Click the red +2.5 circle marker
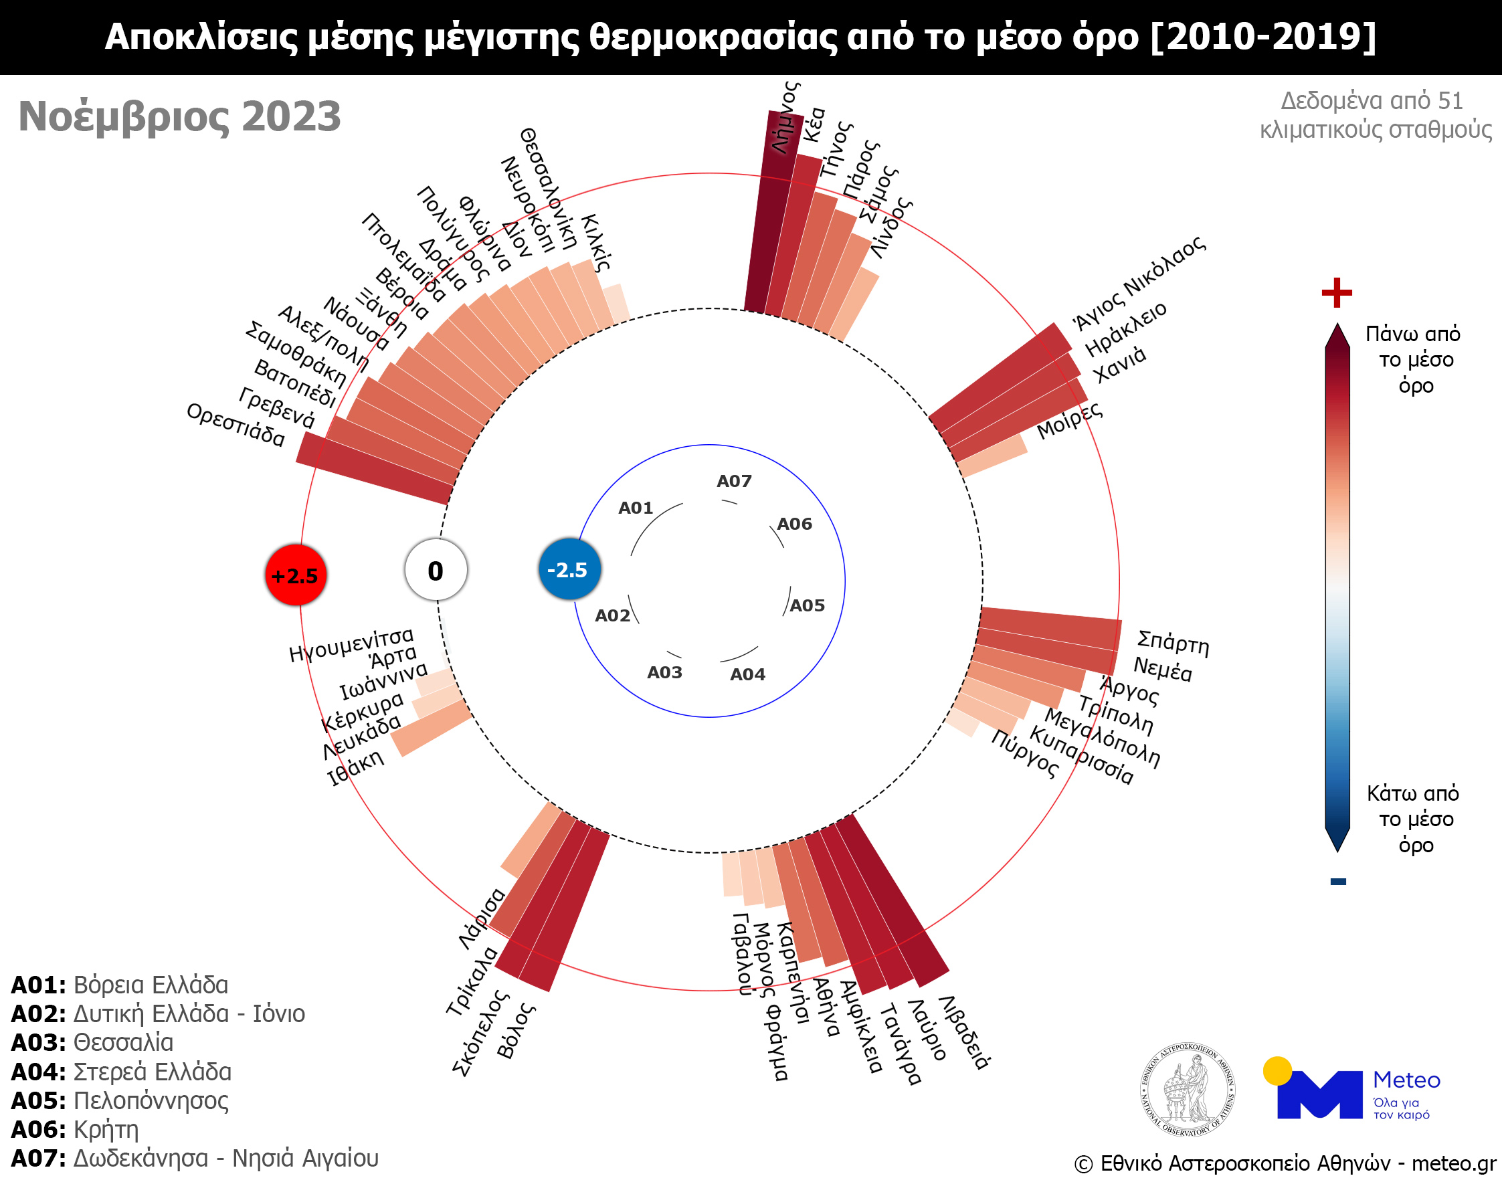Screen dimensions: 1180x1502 coord(296,575)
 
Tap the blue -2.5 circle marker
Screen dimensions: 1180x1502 coord(569,569)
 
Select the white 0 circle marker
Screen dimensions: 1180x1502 coord(436,571)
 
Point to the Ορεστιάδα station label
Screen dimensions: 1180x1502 coord(236,425)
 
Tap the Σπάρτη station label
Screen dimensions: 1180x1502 coord(1172,642)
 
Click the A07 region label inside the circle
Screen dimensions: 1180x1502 coord(734,481)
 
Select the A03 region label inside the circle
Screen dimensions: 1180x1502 coord(664,672)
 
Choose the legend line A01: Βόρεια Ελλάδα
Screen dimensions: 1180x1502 coord(119,985)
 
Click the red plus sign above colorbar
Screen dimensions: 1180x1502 coord(1336,292)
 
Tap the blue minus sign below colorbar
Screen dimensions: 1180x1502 coord(1337,881)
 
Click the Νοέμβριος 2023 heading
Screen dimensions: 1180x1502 coord(179,116)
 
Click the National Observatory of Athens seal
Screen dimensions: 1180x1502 coord(1187,1090)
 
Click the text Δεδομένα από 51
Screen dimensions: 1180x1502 coord(1372,101)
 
